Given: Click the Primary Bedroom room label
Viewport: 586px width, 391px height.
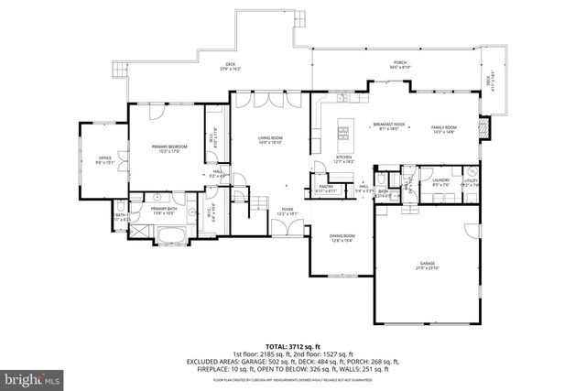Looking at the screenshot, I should (157, 148).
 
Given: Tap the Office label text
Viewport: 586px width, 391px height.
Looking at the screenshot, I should (104, 161).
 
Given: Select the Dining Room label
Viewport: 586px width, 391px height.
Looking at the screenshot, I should (342, 238).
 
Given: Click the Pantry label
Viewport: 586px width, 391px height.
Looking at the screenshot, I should (326, 188).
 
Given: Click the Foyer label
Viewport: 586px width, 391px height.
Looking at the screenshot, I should (288, 211).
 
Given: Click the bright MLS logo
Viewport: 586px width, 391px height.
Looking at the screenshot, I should (31, 376).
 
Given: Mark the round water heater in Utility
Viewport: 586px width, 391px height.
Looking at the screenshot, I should (472, 171).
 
